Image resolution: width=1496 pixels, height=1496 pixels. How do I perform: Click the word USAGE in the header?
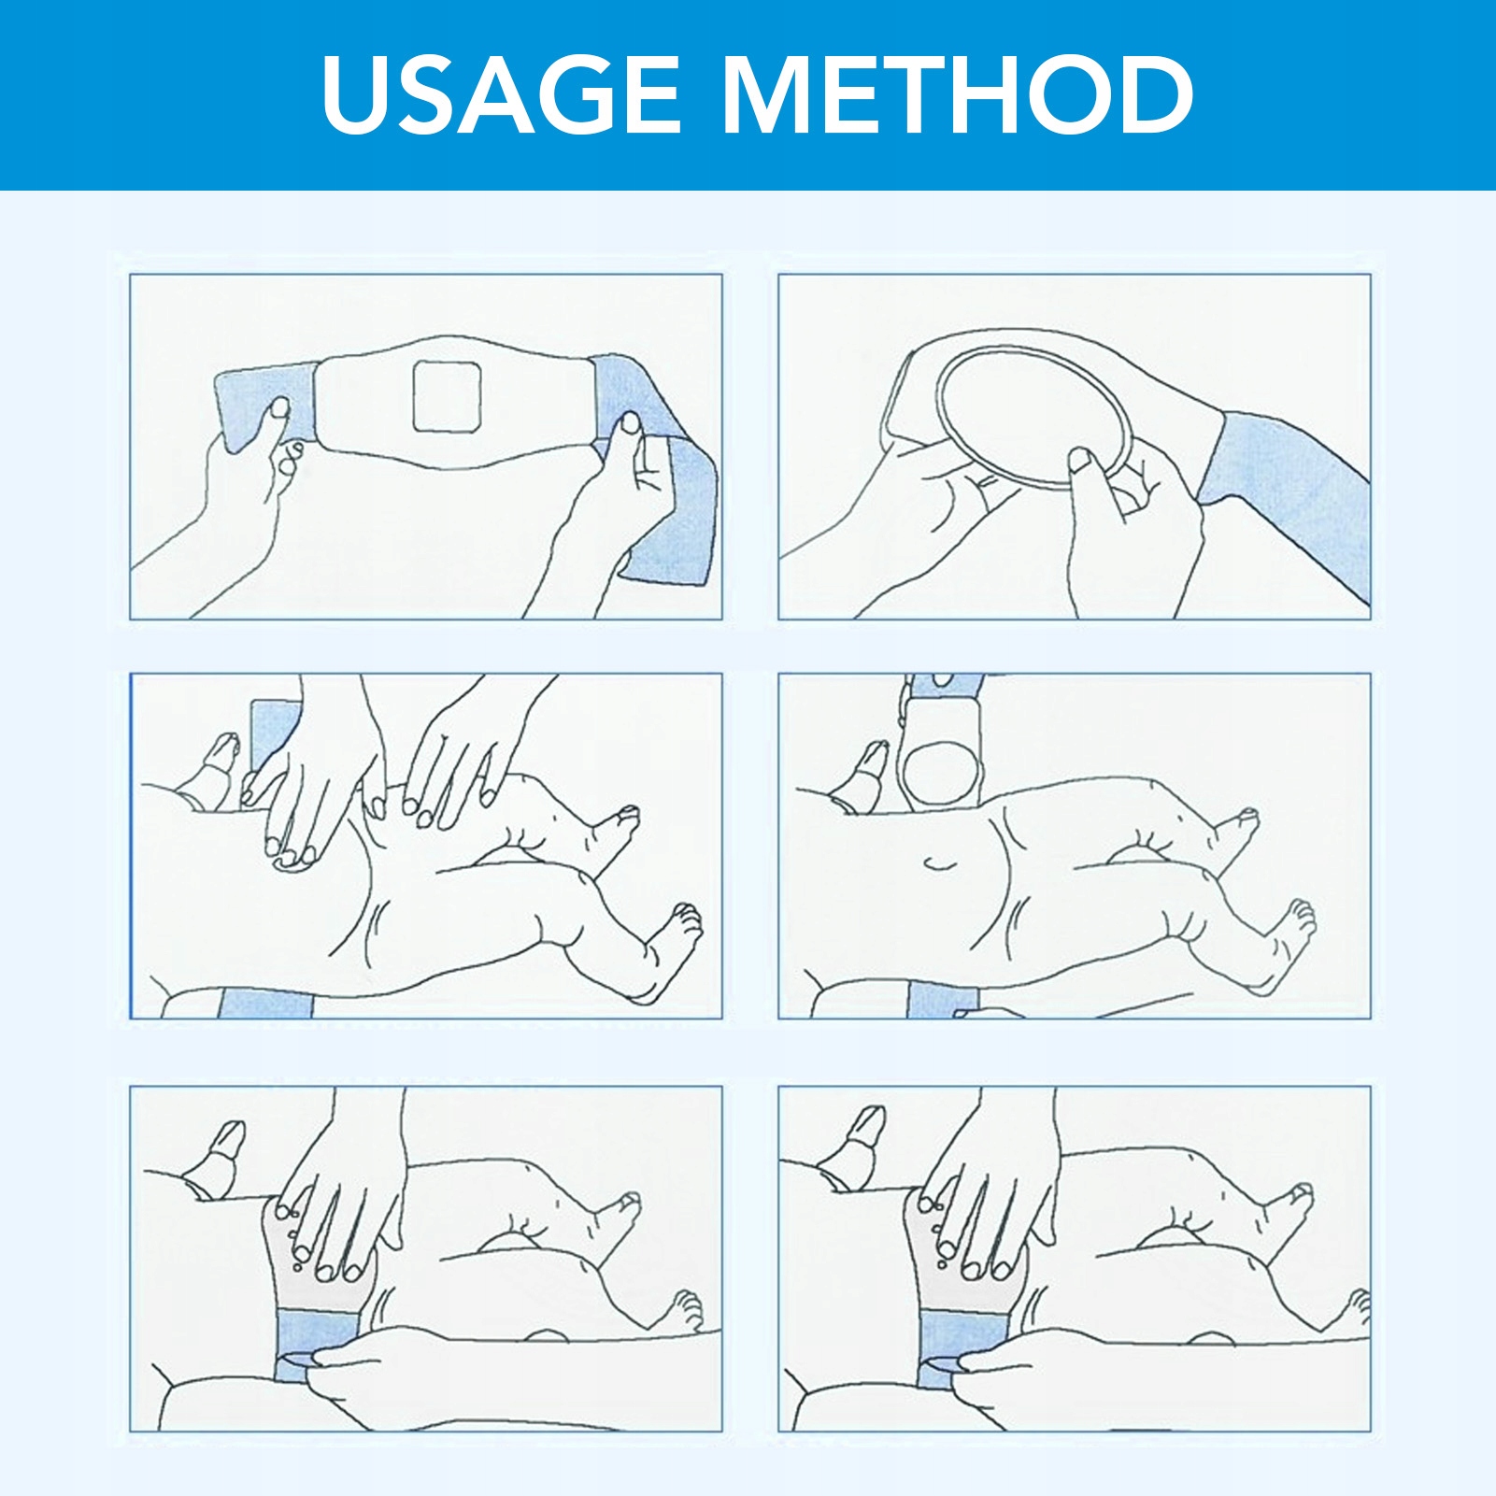(501, 93)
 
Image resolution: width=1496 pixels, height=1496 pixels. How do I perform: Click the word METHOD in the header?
(958, 93)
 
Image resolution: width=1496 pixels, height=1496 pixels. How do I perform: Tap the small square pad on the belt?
(448, 396)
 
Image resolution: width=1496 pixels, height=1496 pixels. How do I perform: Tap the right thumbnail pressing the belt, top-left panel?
(631, 423)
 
